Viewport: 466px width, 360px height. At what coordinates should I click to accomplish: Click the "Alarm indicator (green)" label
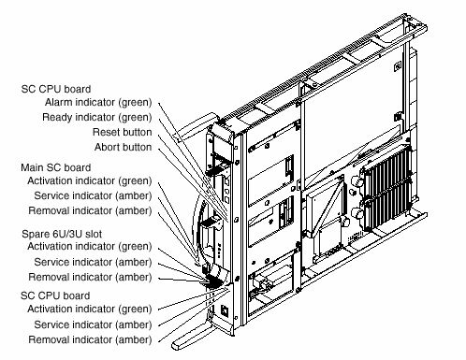[98, 103]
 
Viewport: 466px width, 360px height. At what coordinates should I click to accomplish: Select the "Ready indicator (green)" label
[97, 118]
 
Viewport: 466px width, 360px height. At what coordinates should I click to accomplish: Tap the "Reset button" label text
[123, 132]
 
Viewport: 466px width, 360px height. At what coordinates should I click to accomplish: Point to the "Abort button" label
[124, 147]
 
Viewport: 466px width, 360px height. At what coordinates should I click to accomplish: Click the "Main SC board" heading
[56, 167]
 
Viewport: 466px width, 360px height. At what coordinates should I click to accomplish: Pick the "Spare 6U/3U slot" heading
[62, 234]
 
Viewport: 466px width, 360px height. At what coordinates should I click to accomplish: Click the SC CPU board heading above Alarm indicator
[56, 89]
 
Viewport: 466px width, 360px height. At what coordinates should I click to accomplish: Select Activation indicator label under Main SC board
[90, 181]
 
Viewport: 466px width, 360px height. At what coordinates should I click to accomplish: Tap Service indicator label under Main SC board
[93, 196]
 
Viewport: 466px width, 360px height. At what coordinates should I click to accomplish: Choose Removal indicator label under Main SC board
[90, 211]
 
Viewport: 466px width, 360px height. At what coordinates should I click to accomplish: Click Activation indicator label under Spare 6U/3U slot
[90, 247]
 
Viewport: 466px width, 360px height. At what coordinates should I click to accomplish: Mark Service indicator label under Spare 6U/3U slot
[93, 263]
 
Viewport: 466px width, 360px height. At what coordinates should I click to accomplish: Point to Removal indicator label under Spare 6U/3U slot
[90, 278]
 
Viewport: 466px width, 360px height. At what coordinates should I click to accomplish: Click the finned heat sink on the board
[386, 188]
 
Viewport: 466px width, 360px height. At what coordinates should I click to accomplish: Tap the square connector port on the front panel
[225, 310]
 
